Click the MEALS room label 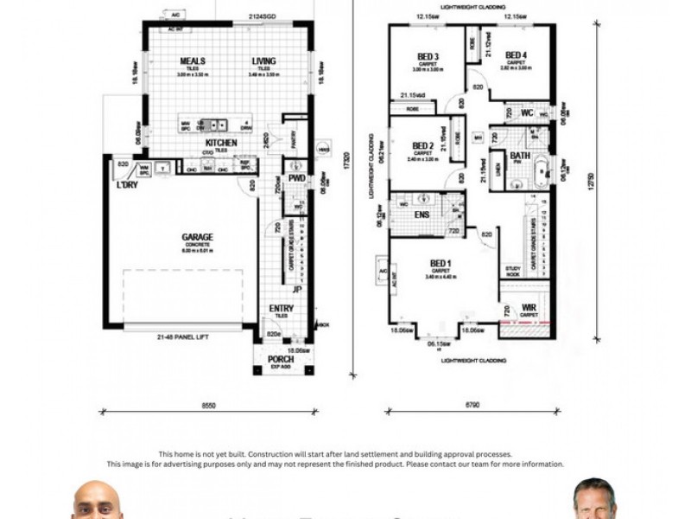point(192,61)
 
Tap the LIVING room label point(263,61)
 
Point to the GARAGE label point(197,236)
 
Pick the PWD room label point(297,179)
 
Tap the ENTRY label point(282,309)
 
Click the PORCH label point(280,360)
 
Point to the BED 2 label point(422,145)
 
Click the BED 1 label point(441,263)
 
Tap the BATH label point(519,157)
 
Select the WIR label point(529,308)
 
